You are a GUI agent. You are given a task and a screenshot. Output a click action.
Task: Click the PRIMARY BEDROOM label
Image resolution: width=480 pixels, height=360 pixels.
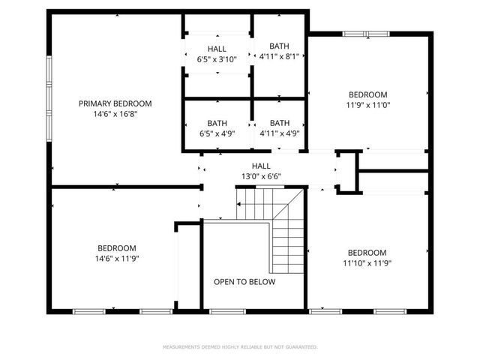(x=115, y=103)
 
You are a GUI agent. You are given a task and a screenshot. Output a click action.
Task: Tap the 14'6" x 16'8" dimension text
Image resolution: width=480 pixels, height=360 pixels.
(x=115, y=114)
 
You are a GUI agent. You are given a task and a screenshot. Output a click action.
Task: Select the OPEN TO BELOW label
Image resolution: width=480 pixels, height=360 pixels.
(x=244, y=282)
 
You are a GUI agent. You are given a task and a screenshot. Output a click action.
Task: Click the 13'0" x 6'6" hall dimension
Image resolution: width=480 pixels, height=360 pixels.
(x=261, y=176)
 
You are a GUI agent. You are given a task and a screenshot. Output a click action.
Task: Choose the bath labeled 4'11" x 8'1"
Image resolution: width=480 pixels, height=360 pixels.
(x=279, y=55)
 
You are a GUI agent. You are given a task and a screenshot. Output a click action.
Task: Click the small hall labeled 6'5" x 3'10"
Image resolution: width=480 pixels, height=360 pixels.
(x=217, y=54)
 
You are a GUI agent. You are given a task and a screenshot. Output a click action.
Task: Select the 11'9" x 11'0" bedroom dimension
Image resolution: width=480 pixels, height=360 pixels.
(x=368, y=105)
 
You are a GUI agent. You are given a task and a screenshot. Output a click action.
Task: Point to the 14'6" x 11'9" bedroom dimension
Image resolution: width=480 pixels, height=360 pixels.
(x=116, y=259)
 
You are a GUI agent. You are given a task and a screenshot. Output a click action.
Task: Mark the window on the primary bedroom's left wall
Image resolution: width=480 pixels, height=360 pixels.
(x=49, y=99)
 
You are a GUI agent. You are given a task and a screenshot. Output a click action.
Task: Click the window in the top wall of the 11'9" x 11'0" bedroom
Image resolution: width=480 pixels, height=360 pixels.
(x=367, y=34)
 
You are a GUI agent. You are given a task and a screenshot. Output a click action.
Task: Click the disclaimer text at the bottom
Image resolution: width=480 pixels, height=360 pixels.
(x=240, y=347)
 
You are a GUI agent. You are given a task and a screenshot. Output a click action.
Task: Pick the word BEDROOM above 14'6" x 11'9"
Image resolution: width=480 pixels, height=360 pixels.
(x=116, y=248)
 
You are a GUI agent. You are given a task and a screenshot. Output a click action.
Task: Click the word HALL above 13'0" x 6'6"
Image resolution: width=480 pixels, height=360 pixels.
(x=261, y=166)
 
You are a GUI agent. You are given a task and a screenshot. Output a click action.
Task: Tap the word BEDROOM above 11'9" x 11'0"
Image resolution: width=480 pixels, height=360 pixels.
(x=368, y=94)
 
